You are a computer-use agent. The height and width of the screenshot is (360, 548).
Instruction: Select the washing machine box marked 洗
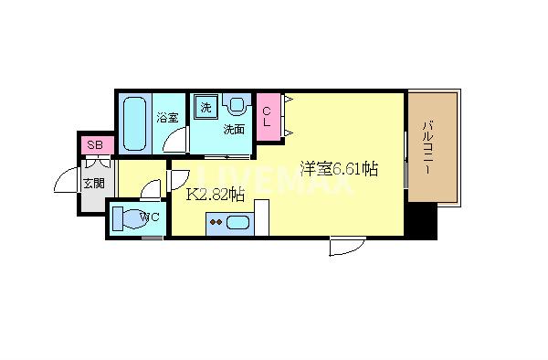205,108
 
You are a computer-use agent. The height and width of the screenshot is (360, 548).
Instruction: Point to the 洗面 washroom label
235,129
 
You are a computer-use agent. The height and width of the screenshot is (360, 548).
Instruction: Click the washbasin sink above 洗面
237,106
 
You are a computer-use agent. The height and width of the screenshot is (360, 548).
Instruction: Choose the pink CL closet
269,117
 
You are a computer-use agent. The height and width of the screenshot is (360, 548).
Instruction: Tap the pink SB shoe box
94,145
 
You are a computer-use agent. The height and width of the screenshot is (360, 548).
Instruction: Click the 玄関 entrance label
93,184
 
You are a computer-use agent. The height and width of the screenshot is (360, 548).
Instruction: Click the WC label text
152,217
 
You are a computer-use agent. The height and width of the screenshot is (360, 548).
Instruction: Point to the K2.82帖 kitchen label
216,194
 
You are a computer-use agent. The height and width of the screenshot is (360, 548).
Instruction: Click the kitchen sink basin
238,222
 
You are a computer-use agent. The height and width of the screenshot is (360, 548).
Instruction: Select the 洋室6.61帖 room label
340,169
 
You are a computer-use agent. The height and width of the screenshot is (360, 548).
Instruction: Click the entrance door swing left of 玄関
68,183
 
